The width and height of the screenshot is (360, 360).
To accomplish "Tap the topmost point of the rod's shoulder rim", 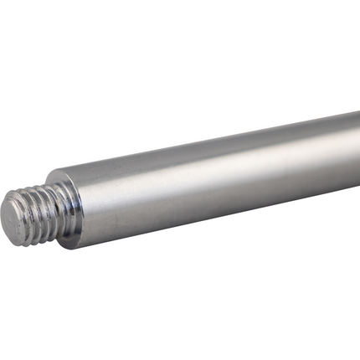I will pyautogui.click(x=60, y=172).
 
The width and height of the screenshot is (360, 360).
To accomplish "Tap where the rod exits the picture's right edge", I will pyautogui.click(x=358, y=155).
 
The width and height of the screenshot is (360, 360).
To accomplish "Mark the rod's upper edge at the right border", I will pyautogui.click(x=358, y=112).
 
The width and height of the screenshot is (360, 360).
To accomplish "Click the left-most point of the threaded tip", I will pyautogui.click(x=1, y=219).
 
